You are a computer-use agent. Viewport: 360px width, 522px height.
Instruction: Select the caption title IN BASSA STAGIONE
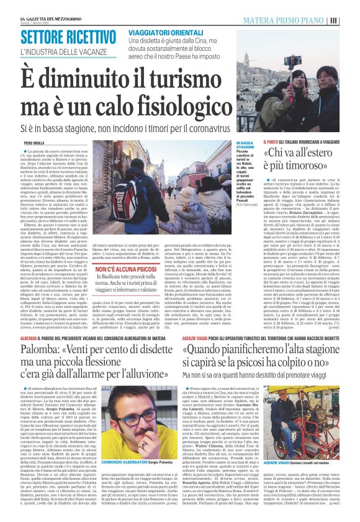tap(245, 146)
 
